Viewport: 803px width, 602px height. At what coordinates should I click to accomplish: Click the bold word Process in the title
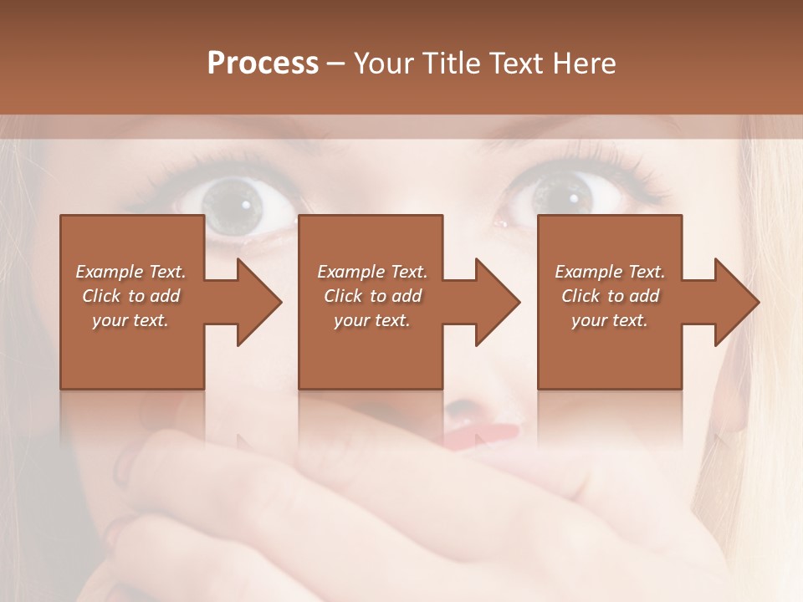click(263, 64)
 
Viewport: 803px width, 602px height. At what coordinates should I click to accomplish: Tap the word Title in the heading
click(444, 64)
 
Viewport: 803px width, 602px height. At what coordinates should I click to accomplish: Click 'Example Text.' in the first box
click(130, 272)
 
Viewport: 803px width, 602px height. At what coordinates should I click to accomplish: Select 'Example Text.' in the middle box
click(372, 272)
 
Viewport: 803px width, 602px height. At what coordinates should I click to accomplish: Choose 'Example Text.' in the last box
click(610, 272)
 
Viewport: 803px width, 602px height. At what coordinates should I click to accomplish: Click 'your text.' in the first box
click(130, 320)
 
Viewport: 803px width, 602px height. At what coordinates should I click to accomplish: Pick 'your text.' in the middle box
click(372, 320)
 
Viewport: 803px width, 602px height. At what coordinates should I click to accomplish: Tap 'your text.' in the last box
click(610, 320)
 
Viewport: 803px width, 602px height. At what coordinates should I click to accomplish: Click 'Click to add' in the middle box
click(372, 296)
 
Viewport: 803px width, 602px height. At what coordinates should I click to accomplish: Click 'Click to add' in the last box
click(610, 296)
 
